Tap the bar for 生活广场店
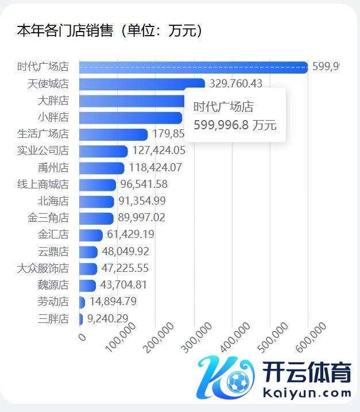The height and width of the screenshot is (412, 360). coord(113,134)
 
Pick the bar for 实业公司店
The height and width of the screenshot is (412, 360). coord(103,151)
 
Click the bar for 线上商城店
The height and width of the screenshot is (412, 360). coord(97,185)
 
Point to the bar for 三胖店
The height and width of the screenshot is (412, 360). coord(81,319)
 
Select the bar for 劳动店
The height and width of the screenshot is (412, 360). coord(82,302)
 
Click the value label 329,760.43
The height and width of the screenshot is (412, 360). coord(236,84)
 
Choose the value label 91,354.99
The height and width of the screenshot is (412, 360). coord(143,202)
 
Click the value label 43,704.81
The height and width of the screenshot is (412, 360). coord(124,285)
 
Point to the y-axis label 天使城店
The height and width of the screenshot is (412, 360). coord(48,84)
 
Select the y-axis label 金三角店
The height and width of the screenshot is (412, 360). coord(48,218)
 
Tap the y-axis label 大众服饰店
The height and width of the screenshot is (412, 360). coord(43,268)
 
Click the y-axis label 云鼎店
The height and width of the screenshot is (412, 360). coord(53,252)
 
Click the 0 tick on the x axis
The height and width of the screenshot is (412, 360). coord(82,337)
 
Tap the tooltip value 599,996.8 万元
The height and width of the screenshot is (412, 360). coord(235,125)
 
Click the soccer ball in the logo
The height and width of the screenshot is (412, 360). coord(238,382)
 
